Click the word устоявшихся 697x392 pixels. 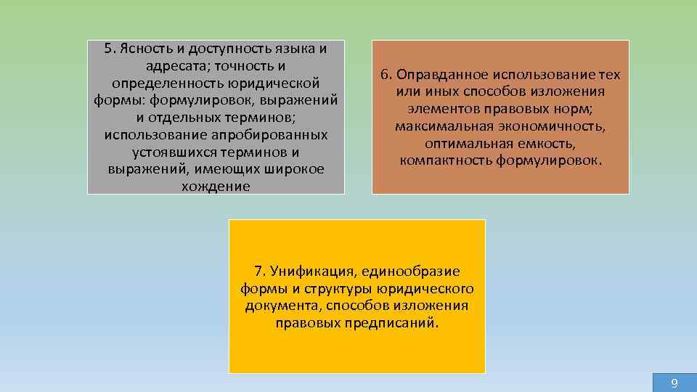(174, 152)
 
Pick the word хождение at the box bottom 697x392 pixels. (216, 187)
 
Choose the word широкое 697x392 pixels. (295, 169)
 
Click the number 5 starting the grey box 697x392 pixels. (109, 49)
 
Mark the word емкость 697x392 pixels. (567, 143)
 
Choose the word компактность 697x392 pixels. (447, 160)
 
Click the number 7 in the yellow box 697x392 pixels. (258, 271)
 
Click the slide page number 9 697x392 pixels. (674, 383)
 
